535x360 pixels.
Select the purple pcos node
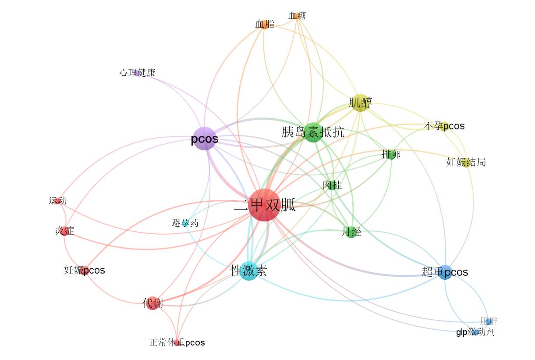[205, 139]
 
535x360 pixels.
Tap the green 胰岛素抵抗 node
[313, 132]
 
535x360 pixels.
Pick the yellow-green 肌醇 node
[360, 103]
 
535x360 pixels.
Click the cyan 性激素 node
[249, 271]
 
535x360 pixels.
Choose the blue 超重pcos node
[445, 272]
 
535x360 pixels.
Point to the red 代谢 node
[152, 303]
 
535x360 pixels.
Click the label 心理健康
[137, 73]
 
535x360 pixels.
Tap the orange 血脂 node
[265, 24]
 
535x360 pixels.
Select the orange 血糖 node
[298, 16]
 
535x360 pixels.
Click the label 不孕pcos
[444, 126]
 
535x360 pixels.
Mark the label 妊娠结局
[466, 163]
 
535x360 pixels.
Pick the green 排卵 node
[391, 154]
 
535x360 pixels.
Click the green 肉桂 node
[332, 185]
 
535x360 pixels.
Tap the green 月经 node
[351, 232]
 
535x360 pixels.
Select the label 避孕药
[185, 223]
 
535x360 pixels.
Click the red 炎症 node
[64, 231]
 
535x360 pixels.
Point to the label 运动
[58, 201]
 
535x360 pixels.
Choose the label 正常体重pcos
[177, 342]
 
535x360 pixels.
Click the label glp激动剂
[475, 332]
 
